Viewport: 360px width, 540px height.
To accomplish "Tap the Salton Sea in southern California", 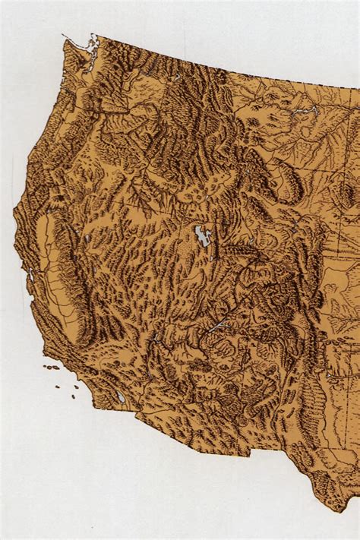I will coord(122,396).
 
